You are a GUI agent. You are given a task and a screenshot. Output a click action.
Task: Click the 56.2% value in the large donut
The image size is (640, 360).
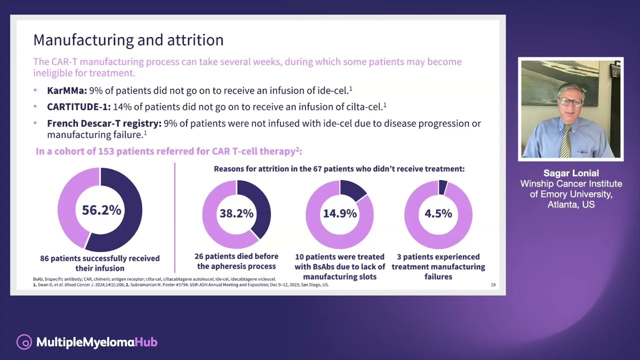(x=101, y=210)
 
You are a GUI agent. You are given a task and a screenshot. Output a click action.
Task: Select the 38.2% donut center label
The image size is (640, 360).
(x=236, y=213)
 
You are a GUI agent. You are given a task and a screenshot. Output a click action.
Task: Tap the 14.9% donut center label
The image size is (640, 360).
(x=339, y=213)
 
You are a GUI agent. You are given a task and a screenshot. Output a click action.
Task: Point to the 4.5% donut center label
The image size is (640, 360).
(x=438, y=213)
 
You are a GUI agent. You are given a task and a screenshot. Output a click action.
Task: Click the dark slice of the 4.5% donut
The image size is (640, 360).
(x=442, y=187)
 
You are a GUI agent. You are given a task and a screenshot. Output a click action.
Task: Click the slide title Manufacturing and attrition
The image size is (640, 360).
(x=128, y=40)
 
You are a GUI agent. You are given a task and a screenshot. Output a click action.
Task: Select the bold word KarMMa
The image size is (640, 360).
(x=66, y=90)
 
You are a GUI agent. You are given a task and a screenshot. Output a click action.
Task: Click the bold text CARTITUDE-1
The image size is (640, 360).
(x=78, y=106)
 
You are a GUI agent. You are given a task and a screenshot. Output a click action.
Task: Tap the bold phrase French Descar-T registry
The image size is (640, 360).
(x=104, y=123)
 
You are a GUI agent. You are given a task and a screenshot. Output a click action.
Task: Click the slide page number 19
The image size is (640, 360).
(x=493, y=285)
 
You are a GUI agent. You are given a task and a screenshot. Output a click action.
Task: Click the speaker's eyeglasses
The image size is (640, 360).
(x=571, y=102)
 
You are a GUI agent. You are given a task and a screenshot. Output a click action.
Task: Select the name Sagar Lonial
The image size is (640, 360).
(x=571, y=173)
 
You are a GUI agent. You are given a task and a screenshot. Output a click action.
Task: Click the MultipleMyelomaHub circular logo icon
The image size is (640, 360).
(x=24, y=342)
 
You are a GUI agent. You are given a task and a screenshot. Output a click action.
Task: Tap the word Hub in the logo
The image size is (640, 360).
(x=146, y=342)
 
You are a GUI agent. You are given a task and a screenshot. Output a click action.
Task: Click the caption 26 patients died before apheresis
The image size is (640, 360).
(x=236, y=261)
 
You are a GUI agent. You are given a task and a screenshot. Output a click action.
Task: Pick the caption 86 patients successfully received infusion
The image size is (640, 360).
(x=100, y=263)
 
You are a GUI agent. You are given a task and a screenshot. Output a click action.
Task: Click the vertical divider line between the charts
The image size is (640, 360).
(x=174, y=217)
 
